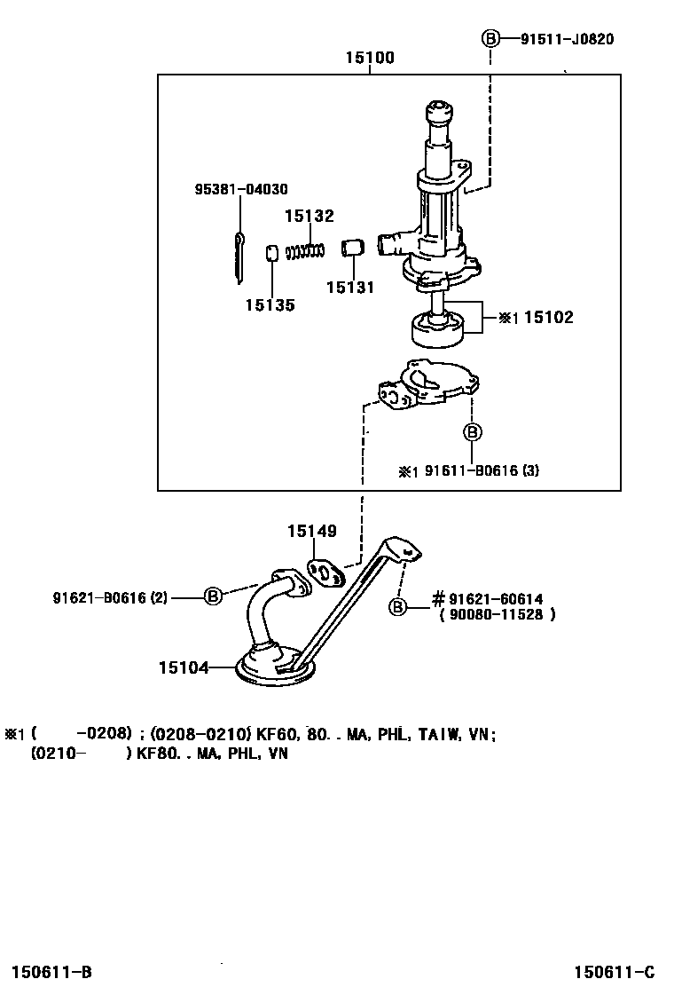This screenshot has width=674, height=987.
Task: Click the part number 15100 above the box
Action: click(x=370, y=58)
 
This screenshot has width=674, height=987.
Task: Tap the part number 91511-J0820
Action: click(x=567, y=39)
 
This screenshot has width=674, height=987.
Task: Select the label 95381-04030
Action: click(x=241, y=189)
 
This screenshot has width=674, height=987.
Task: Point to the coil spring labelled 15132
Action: click(x=305, y=251)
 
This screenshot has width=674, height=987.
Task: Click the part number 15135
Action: click(x=270, y=305)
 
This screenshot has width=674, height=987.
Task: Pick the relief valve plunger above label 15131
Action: click(x=353, y=247)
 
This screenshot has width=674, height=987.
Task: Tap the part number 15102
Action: click(x=549, y=317)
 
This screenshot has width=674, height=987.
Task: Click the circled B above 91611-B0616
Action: click(x=472, y=431)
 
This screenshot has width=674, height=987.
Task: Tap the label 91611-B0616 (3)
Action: click(x=482, y=470)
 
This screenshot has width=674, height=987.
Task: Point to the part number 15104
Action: click(x=184, y=667)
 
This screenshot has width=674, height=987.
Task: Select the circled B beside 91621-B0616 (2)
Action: click(x=214, y=596)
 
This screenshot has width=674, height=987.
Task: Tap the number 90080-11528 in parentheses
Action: click(x=496, y=614)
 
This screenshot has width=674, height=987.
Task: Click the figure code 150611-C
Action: click(x=615, y=972)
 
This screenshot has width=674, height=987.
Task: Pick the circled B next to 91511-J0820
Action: click(x=490, y=39)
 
